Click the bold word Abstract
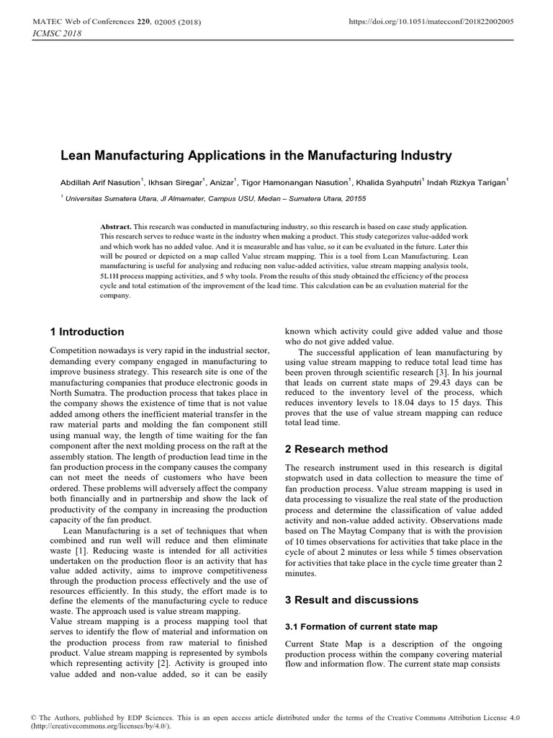point(116,226)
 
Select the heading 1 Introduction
point(87,332)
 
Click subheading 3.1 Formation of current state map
point(361,626)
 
